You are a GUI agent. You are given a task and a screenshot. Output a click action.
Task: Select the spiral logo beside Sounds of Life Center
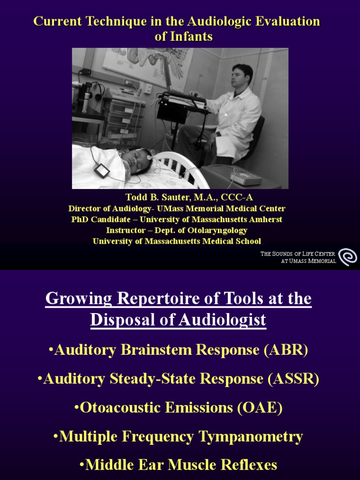pos(347,257)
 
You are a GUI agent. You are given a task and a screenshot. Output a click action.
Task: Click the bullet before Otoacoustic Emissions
pos(77,408)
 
